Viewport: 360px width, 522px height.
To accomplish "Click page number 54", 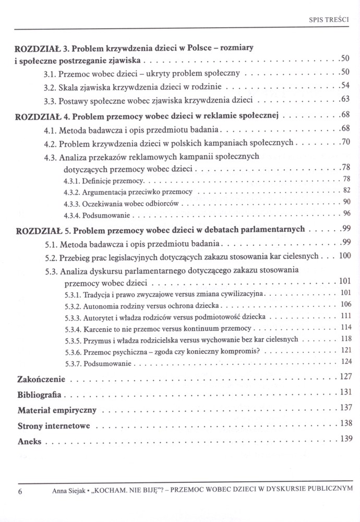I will click(344, 85).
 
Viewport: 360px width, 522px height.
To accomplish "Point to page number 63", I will click(344, 99).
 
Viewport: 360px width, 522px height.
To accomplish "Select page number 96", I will click(345, 213).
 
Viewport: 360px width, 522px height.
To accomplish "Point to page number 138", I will click(343, 423).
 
